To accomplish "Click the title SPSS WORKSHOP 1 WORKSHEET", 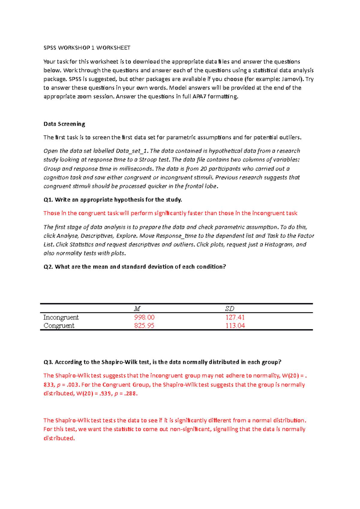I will click(x=87, y=48).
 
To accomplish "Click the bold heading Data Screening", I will click(x=64, y=124).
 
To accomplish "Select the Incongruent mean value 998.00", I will click(x=144, y=317).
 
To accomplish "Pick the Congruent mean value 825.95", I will click(x=144, y=326).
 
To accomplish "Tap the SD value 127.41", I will click(x=235, y=317).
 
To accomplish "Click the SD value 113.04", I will click(x=235, y=326).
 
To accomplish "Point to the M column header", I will click(x=137, y=308).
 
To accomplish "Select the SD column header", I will click(x=229, y=308).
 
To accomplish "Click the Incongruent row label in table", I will click(x=61, y=317).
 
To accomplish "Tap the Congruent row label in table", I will click(x=59, y=326).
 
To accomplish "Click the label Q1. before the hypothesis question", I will click(x=48, y=200).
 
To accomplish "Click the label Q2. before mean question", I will click(x=48, y=266).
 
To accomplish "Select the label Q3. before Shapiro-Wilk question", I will click(x=48, y=362).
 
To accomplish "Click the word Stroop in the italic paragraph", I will click(x=147, y=159).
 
